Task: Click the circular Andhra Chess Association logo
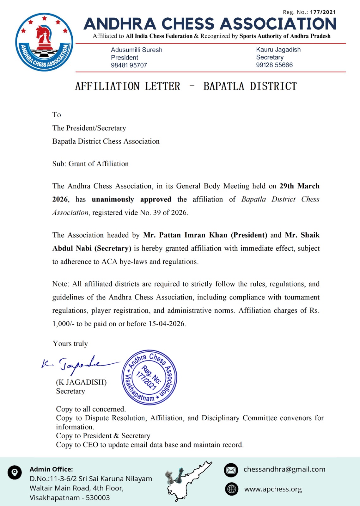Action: click(44, 42)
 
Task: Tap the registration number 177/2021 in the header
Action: click(323, 12)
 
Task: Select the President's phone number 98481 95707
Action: click(129, 65)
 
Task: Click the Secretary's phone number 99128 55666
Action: click(274, 65)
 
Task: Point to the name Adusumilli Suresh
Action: click(137, 50)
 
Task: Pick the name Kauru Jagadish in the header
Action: click(278, 49)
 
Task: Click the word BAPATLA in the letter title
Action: click(224, 86)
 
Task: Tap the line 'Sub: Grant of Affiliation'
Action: click(90, 164)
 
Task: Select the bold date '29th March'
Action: click(299, 186)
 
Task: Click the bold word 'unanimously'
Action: click(113, 199)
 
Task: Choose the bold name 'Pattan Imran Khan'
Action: click(193, 235)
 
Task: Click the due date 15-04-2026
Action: click(166, 324)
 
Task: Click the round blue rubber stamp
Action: click(149, 377)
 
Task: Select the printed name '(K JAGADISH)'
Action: click(81, 382)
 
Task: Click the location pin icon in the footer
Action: click(15, 472)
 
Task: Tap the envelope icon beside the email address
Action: click(231, 470)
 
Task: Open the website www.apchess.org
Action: click(273, 489)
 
